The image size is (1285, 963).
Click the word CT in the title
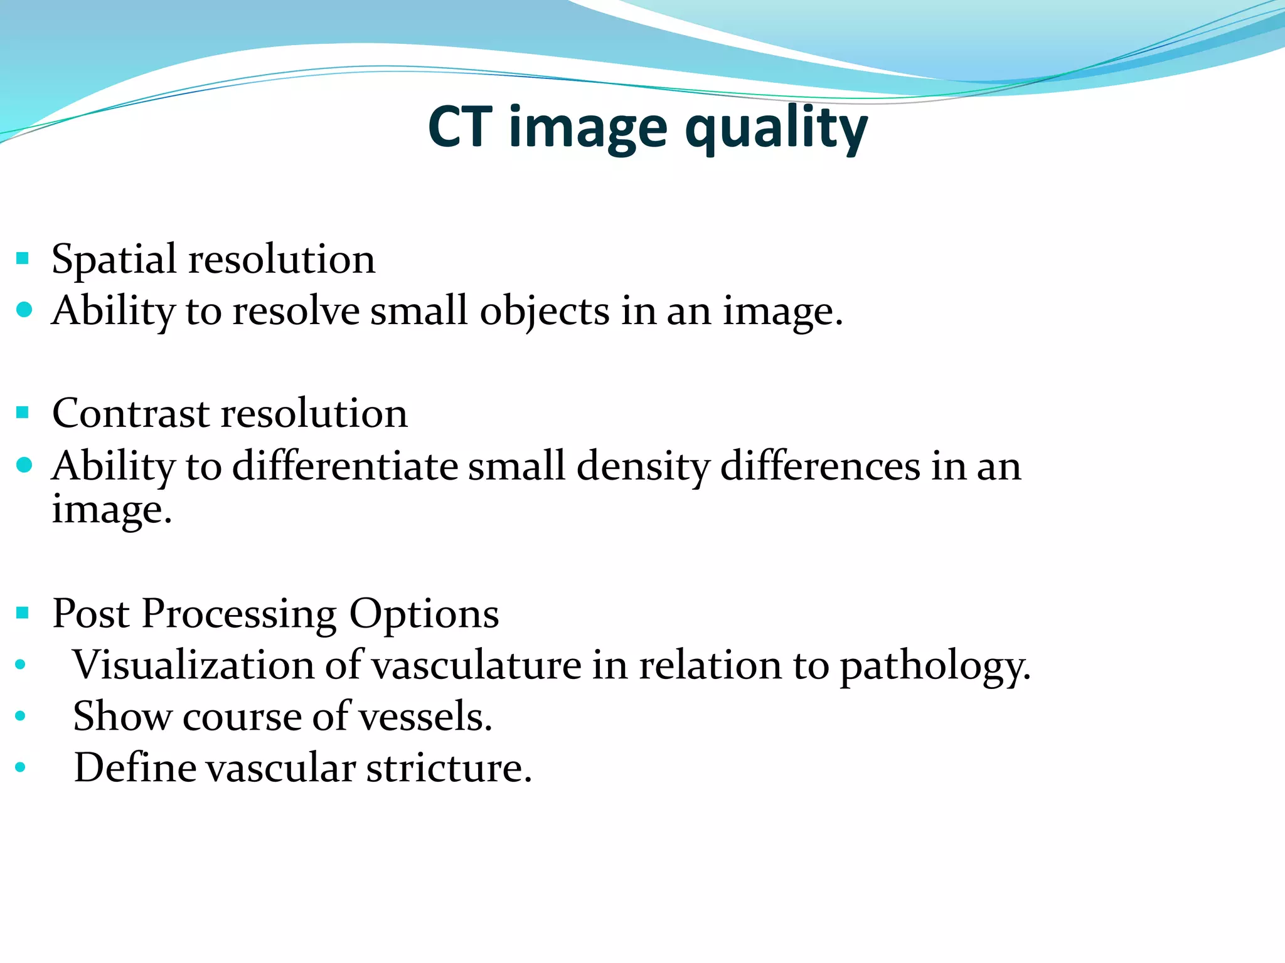tap(460, 127)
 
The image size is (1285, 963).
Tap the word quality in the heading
tap(776, 128)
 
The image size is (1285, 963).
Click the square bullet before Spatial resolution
tap(23, 258)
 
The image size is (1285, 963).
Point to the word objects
tap(545, 312)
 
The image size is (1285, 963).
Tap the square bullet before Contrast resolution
tap(23, 413)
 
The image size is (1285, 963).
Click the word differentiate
tap(345, 466)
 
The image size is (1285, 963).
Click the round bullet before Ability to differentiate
tap(24, 465)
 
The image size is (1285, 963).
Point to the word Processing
tap(239, 614)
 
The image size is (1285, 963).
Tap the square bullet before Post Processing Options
tap(23, 613)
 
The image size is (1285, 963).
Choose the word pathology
tap(935, 666)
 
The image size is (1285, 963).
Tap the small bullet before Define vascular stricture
tap(21, 767)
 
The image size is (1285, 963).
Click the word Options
tap(424, 614)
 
